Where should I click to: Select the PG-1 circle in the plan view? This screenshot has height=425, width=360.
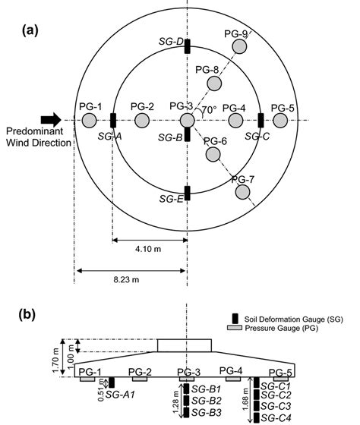tap(90, 121)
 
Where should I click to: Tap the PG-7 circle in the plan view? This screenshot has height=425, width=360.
tap(243, 193)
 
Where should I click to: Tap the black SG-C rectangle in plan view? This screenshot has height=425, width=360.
tap(261, 121)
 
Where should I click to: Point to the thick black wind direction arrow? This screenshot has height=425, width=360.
tap(52, 119)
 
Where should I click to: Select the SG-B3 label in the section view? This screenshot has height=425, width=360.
tap(206, 412)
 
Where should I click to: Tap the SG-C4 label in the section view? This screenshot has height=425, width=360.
tap(275, 417)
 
